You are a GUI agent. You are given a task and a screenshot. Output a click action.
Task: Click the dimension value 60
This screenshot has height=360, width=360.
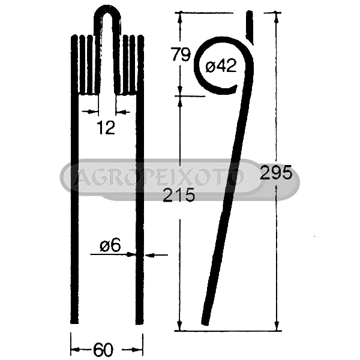coord(103,350)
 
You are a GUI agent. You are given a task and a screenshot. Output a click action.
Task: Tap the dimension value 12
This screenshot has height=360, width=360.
coord(106,128)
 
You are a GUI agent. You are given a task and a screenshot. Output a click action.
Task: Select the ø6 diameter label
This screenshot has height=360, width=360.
coord(110,245)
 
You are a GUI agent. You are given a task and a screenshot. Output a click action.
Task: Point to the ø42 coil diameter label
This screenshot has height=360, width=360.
coord(221,65)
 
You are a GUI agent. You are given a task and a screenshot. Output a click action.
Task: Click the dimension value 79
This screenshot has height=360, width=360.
coord(181,55)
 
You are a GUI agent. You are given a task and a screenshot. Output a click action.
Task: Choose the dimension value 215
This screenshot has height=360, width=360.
coord(179,194)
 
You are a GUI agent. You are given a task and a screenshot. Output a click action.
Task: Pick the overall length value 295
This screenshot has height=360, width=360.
coord(276,172)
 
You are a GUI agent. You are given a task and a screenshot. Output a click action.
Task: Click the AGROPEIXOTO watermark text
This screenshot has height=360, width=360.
coord(158,177)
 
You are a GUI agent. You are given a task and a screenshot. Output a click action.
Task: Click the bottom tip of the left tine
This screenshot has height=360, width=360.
coord(74,323)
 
